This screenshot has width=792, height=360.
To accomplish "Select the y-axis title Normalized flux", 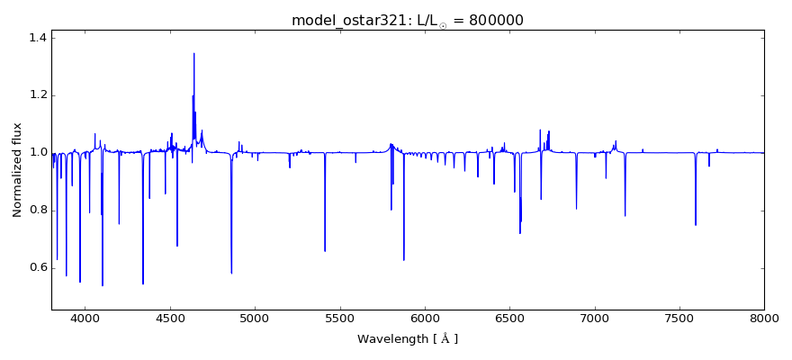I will pos(17,170).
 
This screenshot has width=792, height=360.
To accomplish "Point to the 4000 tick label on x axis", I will pos(85,318).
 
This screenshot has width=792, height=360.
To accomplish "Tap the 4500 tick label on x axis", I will pos(170,318).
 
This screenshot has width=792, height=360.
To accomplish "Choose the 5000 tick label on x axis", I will pos(255,318).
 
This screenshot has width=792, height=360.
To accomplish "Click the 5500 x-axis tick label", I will pos(339,318).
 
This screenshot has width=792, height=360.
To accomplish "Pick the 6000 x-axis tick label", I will pos(425,318).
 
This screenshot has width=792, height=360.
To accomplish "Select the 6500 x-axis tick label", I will pos(509,318).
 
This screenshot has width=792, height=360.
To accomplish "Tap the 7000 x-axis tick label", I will pos(594,318).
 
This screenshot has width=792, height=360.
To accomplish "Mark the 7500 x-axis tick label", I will pos(679,318).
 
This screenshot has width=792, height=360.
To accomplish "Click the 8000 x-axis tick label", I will pos(764,318).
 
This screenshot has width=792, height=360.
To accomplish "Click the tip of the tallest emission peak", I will pos(193,53).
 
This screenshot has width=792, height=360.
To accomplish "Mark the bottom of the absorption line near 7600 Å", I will pos(695,225).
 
